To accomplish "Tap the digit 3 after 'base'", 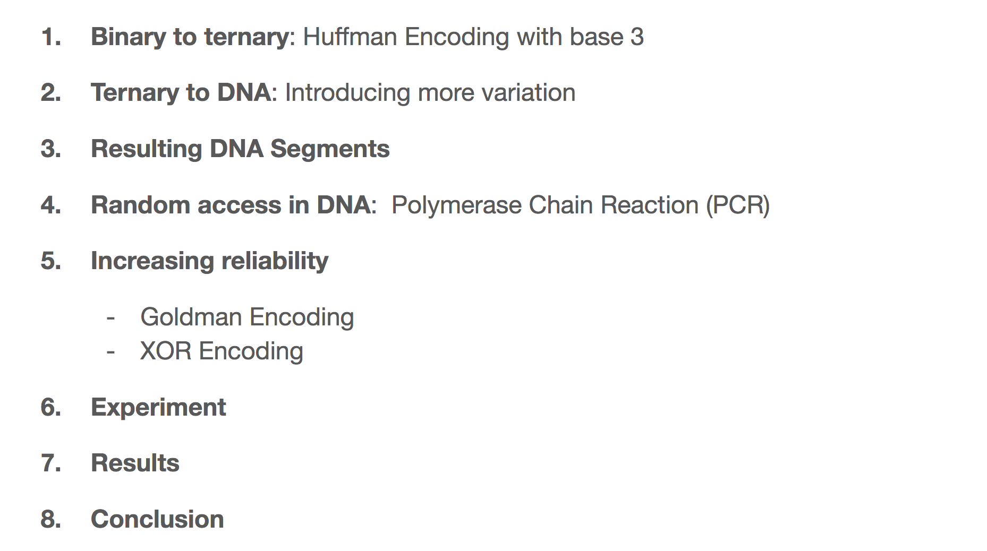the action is [x=637, y=37].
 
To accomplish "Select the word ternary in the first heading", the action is [x=246, y=37].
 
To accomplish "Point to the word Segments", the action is [x=330, y=149].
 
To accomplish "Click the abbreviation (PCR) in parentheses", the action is [x=738, y=205].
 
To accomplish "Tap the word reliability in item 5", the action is [x=275, y=261].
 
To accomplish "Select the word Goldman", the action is [x=191, y=317].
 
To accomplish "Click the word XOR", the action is [x=166, y=351].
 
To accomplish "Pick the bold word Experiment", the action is [x=158, y=408].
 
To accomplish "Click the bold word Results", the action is [x=135, y=463].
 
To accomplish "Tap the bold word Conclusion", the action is [x=157, y=519].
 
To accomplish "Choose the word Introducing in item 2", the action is [x=348, y=93].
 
